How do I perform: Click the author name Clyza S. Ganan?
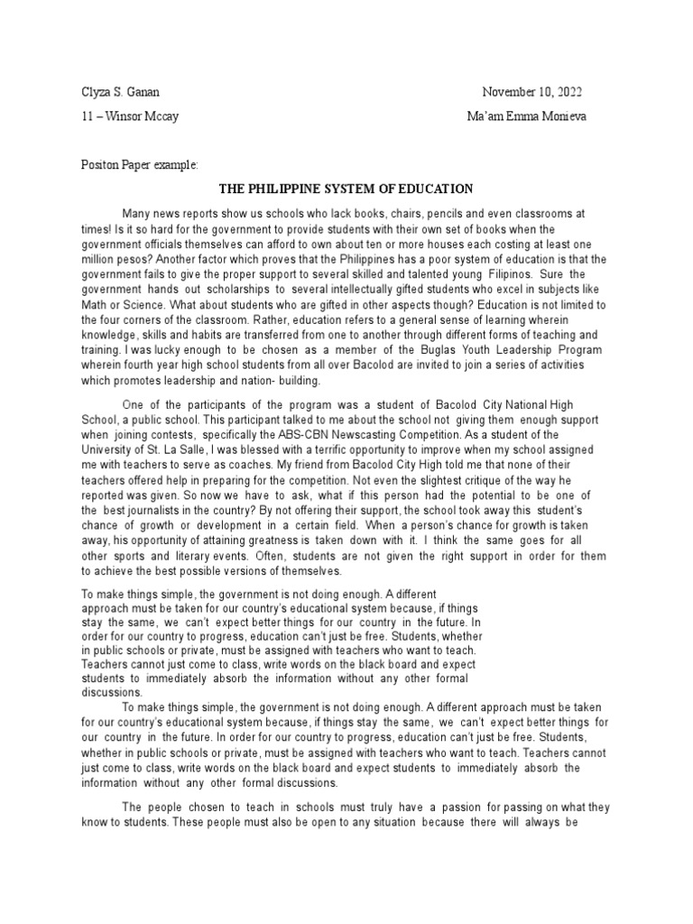[x=115, y=92]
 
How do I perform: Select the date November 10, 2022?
[x=532, y=92]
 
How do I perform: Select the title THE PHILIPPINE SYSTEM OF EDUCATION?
[x=347, y=189]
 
